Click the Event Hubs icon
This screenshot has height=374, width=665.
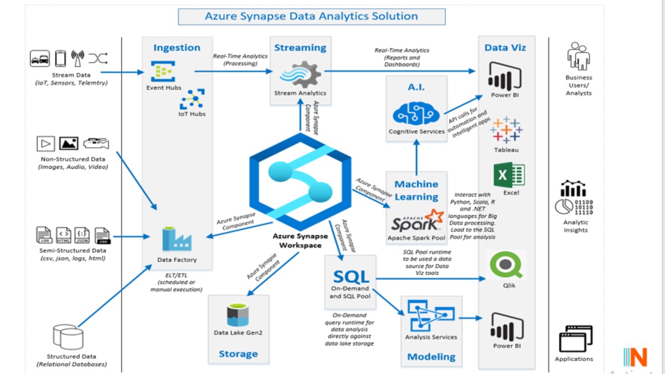[163, 72]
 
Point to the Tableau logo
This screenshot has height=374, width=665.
[506, 130]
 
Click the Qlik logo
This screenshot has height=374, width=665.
[506, 265]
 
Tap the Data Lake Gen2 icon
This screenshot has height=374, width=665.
[238, 315]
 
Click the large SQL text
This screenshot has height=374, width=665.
[351, 276]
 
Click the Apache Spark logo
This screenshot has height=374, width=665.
[417, 221]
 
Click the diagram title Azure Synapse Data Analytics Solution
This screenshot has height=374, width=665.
[312, 16]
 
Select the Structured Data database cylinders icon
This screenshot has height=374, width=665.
[68, 337]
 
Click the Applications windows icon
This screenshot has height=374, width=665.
[575, 339]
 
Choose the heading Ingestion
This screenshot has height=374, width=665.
[177, 48]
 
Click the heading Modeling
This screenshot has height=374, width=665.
[431, 357]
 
